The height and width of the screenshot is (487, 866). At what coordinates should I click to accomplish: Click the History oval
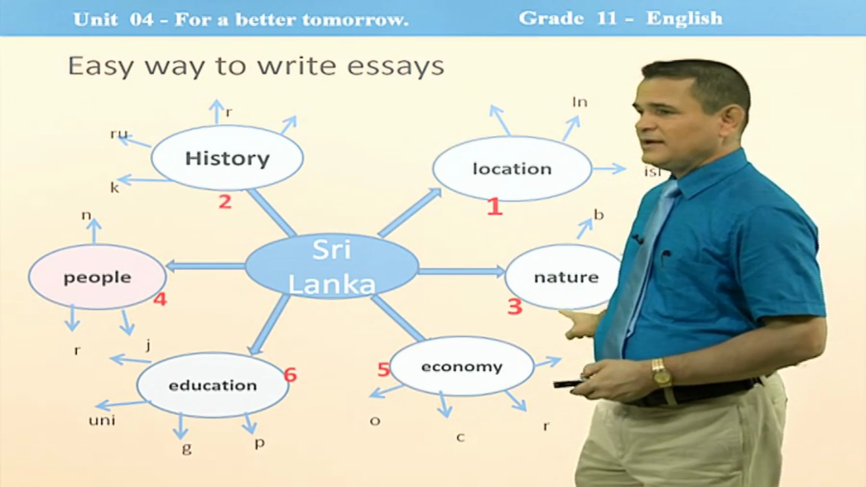click(227, 158)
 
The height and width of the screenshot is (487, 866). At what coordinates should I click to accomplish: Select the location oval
click(512, 168)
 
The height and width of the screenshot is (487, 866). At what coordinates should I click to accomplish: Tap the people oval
click(97, 277)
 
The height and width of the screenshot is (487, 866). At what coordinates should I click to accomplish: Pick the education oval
click(212, 385)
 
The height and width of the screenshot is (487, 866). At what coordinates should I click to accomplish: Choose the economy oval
click(461, 366)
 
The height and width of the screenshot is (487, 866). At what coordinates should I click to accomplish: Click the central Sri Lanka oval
click(332, 266)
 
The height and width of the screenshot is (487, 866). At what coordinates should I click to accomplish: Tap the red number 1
click(495, 206)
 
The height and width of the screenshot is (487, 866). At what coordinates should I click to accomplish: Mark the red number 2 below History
click(225, 202)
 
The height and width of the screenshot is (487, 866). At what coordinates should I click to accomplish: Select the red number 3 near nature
click(515, 306)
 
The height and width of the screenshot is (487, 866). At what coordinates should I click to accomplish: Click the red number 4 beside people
click(160, 299)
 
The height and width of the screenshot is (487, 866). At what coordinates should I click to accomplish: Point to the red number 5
click(384, 369)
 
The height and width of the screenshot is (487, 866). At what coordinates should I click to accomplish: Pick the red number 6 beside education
click(290, 374)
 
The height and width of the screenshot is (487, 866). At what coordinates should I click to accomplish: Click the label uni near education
click(102, 421)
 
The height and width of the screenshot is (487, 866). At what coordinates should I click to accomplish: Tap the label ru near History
click(118, 134)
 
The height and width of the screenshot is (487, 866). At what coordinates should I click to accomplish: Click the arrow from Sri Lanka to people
click(206, 266)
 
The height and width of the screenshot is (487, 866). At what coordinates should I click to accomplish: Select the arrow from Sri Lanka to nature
click(461, 271)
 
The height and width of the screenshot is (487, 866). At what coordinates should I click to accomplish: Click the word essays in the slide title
click(396, 66)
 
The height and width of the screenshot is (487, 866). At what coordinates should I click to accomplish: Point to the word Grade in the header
click(551, 18)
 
